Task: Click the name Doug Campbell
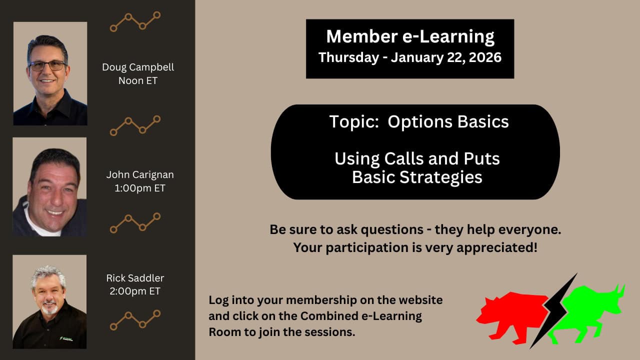[x=138, y=67]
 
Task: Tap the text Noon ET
[x=138, y=80]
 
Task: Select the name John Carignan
[x=140, y=175]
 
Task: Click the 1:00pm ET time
[x=140, y=188]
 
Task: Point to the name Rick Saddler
[x=135, y=278]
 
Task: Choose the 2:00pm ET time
[x=135, y=291]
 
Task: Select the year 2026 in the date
[x=485, y=57]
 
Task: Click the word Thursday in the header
[x=348, y=57]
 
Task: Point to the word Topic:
[x=354, y=122]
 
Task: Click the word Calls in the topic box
[x=404, y=158]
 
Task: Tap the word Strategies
[x=441, y=177]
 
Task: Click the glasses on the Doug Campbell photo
[x=47, y=66]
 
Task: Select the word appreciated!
[x=497, y=247]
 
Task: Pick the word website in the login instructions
[x=420, y=300]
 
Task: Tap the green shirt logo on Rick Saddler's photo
[x=66, y=338]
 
